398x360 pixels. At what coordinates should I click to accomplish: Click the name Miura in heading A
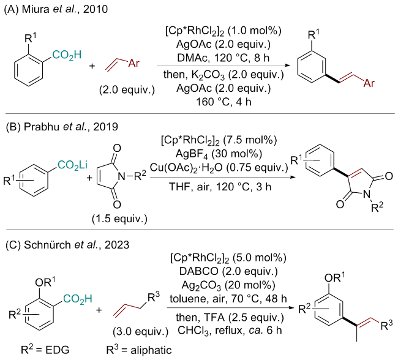click(36, 9)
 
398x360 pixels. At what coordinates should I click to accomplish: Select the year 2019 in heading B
click(105, 127)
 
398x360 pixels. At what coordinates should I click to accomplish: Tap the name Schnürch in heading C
click(48, 245)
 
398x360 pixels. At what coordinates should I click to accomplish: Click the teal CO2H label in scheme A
click(67, 55)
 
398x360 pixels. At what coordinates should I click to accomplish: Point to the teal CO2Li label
click(73, 165)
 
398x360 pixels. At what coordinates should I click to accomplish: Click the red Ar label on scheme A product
click(369, 83)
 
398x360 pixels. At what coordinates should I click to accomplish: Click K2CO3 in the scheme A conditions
click(208, 75)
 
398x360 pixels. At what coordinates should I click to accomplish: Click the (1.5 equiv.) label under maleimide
click(119, 219)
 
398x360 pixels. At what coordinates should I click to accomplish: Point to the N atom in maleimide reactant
click(122, 176)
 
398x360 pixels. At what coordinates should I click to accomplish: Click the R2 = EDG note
click(45, 350)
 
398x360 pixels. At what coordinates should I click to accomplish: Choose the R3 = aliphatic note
click(139, 350)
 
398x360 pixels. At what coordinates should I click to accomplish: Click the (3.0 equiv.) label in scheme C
click(141, 331)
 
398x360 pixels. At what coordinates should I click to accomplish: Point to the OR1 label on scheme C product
click(334, 277)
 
